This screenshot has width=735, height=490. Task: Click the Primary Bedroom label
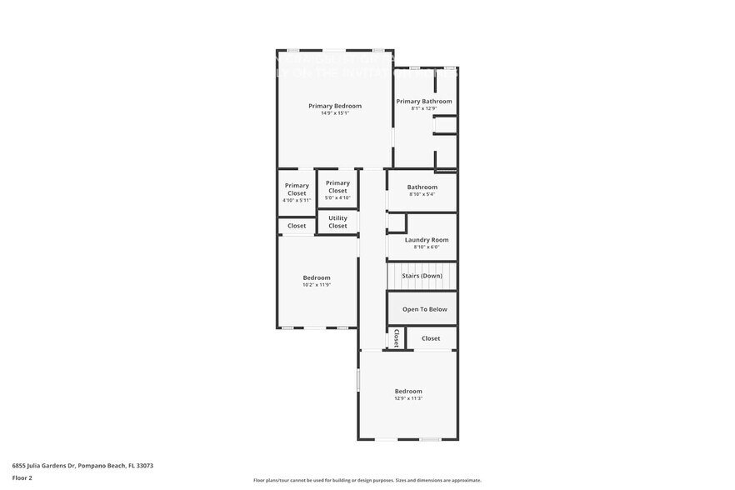point(335,106)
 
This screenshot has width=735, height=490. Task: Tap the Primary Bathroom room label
point(424,102)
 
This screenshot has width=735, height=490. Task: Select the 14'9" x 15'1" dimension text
point(335,113)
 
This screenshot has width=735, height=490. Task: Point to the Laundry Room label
point(426,240)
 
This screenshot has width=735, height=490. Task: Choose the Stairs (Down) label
point(422,276)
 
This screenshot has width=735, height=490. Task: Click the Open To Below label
point(424,309)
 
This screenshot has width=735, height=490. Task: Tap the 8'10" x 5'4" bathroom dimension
point(422,194)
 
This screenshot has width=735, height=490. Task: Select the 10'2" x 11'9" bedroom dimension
point(317,285)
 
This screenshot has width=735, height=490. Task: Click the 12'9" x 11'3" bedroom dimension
point(408,398)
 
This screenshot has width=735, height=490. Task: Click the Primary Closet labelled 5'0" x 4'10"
point(337,187)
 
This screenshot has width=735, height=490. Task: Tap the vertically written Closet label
point(397,338)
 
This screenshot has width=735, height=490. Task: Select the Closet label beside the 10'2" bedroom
point(297,226)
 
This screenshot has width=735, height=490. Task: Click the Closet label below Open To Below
point(431,338)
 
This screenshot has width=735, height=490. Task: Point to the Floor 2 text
point(22,478)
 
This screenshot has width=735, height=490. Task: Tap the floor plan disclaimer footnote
point(367,480)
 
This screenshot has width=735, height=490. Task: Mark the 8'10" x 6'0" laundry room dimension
point(422,247)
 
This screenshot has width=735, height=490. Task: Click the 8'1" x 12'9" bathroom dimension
point(424,108)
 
